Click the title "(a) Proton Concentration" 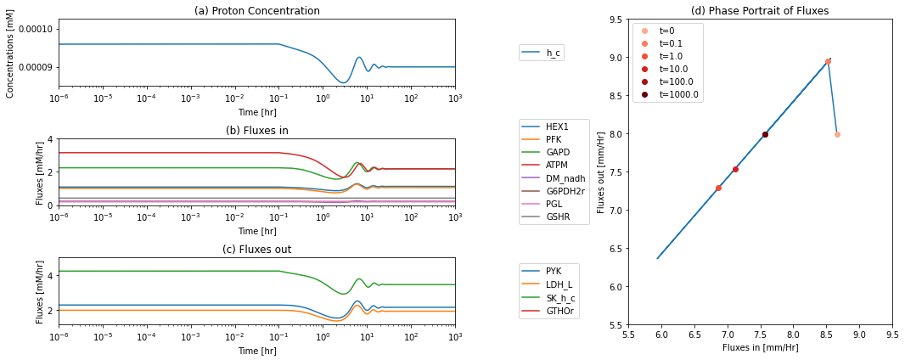pyautogui.click(x=257, y=10)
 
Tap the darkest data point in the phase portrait pyautogui.click(x=765, y=134)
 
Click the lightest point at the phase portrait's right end pyautogui.click(x=837, y=134)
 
